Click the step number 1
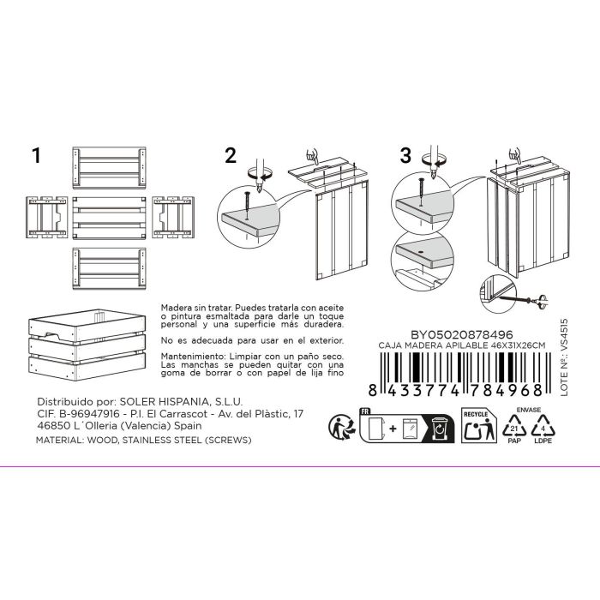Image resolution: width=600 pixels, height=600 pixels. (36, 156)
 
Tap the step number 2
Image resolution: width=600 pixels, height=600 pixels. (230, 156)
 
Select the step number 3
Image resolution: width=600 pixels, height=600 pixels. (406, 156)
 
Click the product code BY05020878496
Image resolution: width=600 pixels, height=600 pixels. (464, 334)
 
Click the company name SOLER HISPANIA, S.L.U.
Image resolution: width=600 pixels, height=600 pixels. (193, 400)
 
